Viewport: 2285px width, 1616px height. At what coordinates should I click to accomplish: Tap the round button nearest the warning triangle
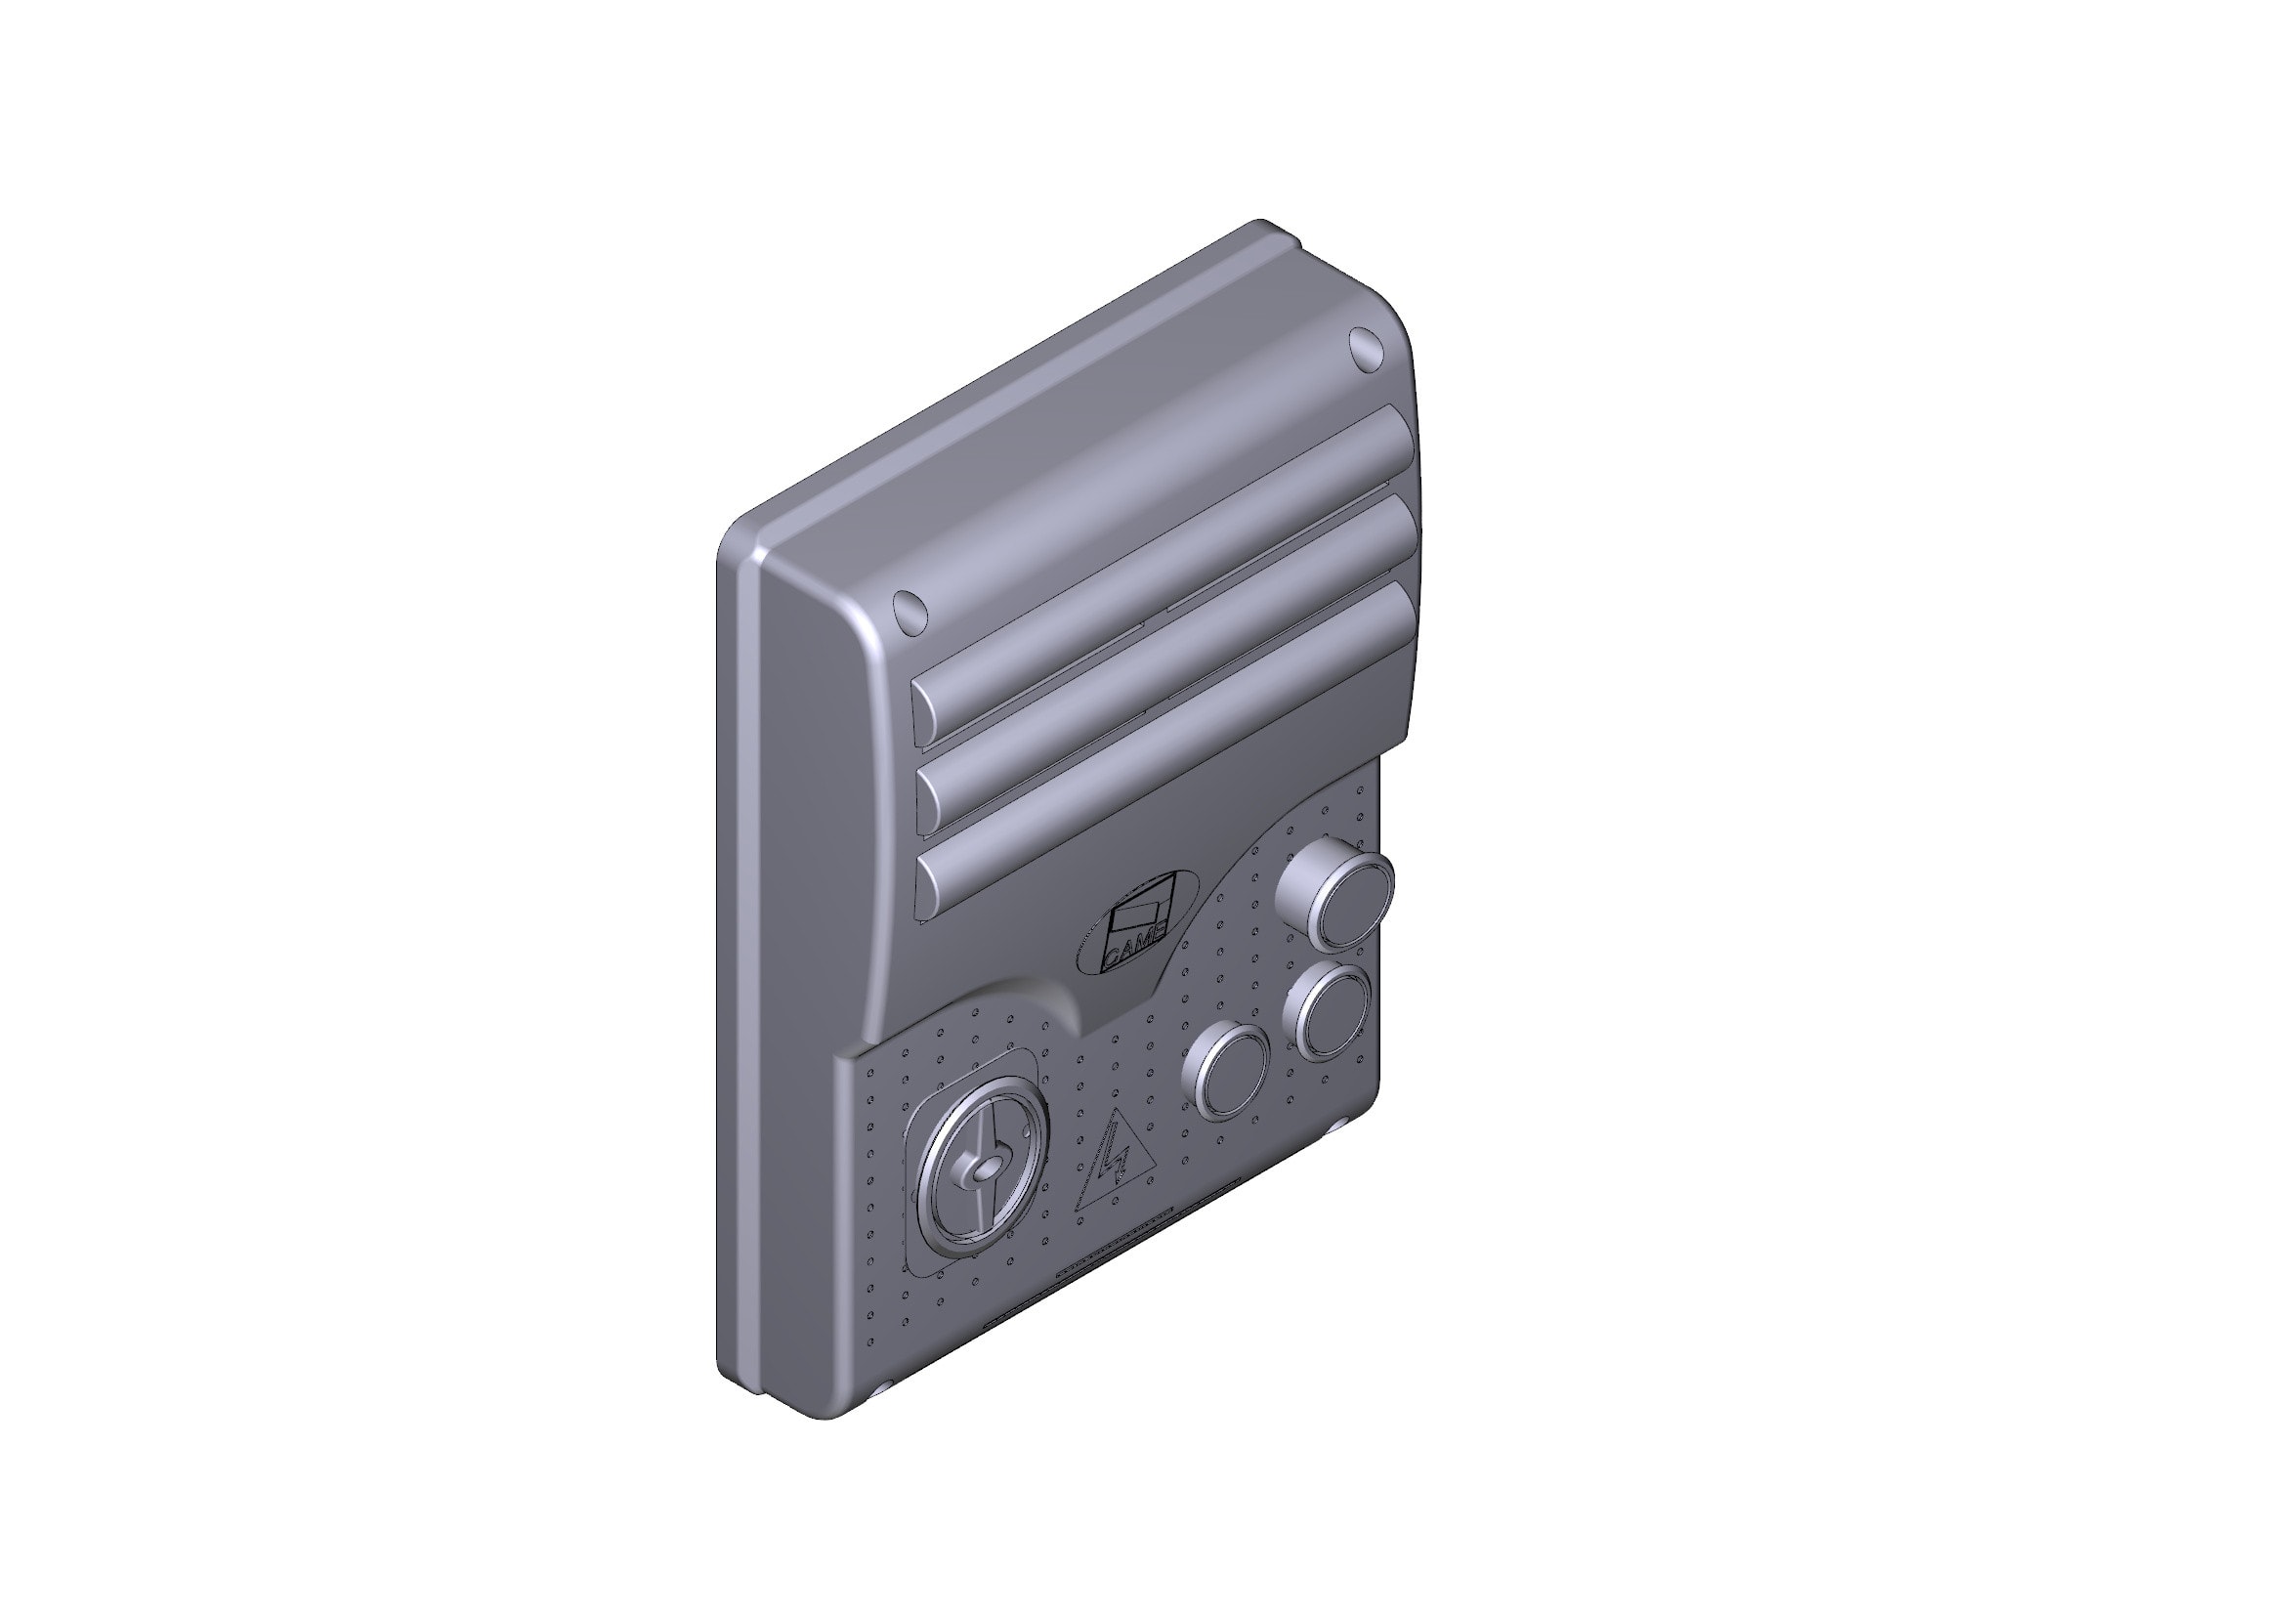(1225, 1070)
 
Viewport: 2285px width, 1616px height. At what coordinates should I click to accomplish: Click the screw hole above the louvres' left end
(910, 609)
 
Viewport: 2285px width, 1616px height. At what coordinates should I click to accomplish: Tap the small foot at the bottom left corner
(880, 1389)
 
